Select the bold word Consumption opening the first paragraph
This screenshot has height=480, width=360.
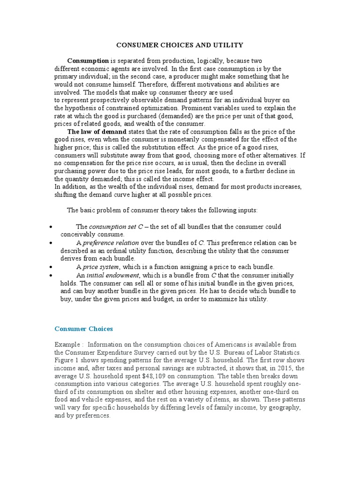[x=88, y=61]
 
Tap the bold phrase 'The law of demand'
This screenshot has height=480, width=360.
[x=97, y=132]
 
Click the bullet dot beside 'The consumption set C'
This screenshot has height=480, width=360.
[x=50, y=227]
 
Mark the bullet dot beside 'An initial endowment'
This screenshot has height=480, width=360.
[x=50, y=275]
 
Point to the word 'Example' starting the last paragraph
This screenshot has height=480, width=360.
[x=67, y=345]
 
